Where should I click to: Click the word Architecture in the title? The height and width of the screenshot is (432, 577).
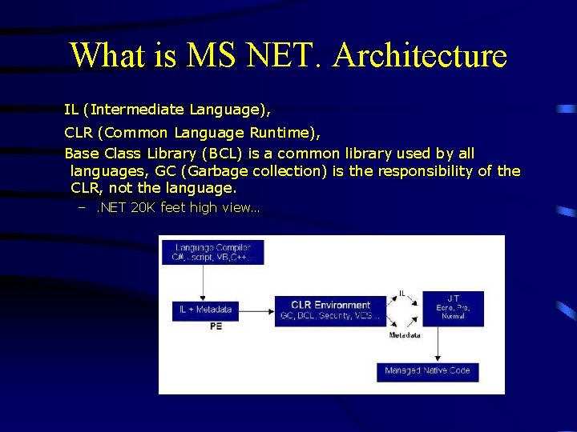(x=420, y=56)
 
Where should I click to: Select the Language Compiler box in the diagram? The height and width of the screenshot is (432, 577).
(x=212, y=253)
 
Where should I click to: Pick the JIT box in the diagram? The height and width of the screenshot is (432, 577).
(x=453, y=307)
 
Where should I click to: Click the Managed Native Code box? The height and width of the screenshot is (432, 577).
(x=427, y=370)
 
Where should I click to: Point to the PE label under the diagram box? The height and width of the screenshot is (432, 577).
(x=216, y=326)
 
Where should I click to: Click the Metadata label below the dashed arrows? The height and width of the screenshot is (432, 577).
(x=405, y=335)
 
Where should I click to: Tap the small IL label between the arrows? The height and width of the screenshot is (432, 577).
(x=402, y=294)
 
